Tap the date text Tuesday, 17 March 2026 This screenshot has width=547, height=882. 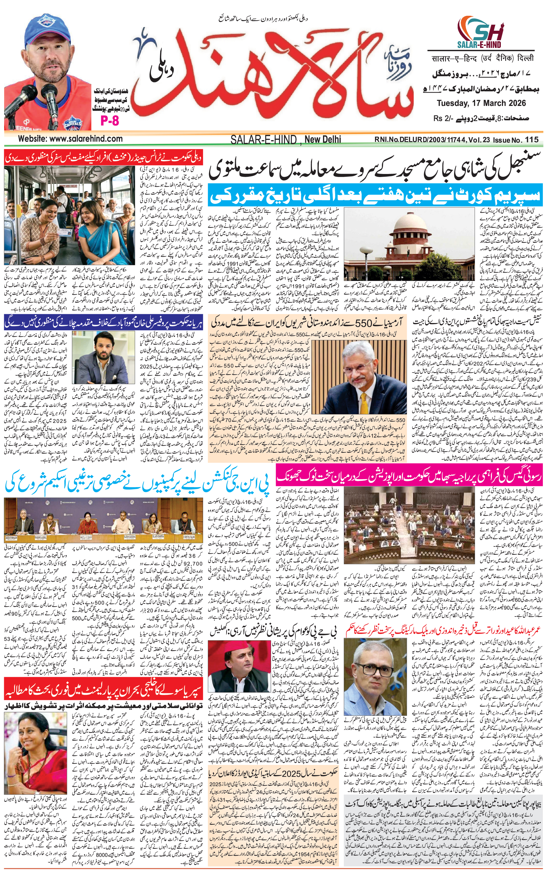pyautogui.click(x=481, y=103)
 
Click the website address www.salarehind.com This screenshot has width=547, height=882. pyautogui.click(x=71, y=139)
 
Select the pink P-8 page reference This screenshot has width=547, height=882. pyautogui.click(x=109, y=121)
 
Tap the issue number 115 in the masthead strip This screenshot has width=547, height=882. pyautogui.click(x=531, y=139)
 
